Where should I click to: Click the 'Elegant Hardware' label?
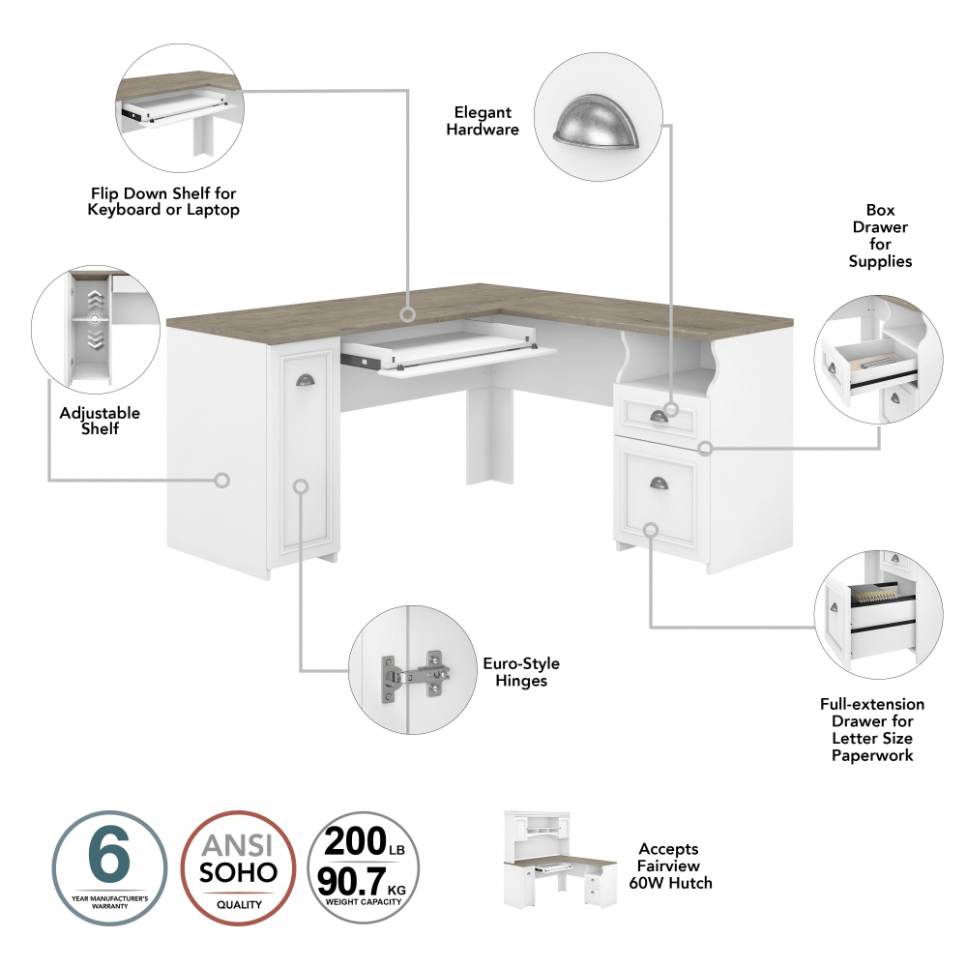[x=483, y=121]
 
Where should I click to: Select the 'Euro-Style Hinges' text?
[x=521, y=672]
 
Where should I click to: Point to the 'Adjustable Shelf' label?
[x=100, y=420]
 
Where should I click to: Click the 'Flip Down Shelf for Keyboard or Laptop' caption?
[x=163, y=202]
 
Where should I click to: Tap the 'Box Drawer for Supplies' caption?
[x=880, y=235]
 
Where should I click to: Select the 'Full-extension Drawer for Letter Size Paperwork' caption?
[x=871, y=729]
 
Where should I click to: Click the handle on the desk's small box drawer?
[x=659, y=416]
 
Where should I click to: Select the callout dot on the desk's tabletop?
[x=408, y=314]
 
